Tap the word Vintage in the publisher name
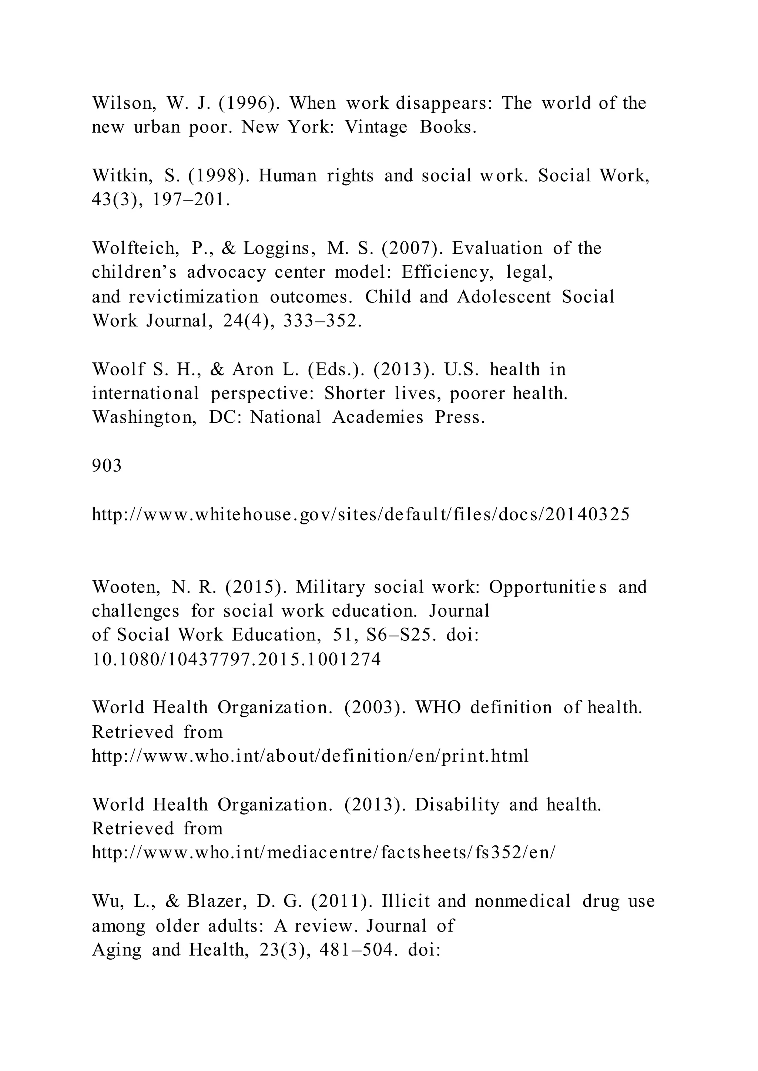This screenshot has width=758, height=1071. tap(375, 127)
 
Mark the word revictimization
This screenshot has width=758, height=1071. tap(193, 297)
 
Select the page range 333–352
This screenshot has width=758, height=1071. tap(322, 321)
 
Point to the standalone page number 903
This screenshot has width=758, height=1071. tap(107, 465)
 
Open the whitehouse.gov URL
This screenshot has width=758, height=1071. tap(361, 514)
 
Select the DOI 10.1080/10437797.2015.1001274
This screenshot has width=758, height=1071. tap(236, 660)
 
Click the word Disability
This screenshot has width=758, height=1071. tap(456, 805)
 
